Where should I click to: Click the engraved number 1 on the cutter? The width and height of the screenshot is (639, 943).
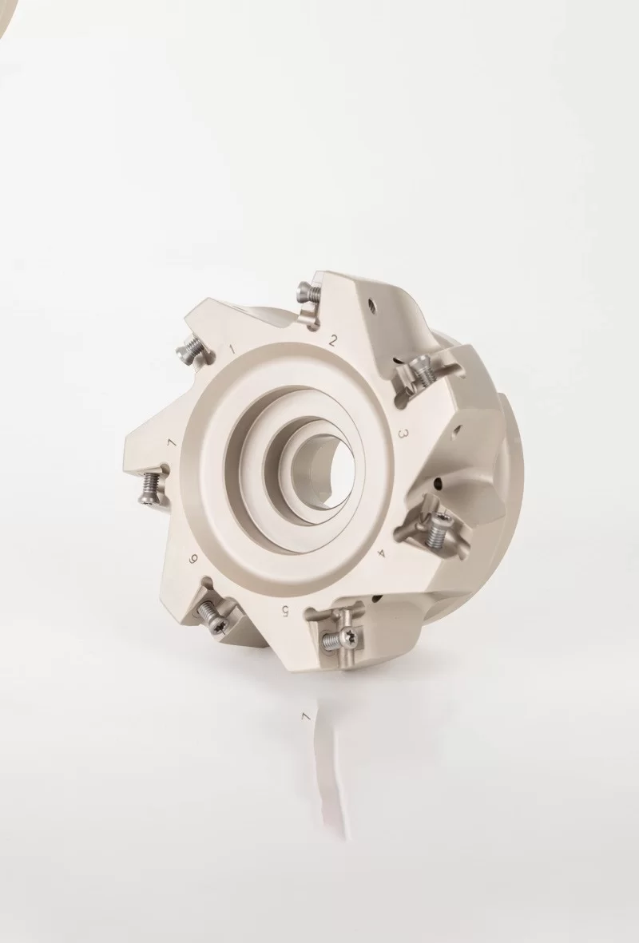232,350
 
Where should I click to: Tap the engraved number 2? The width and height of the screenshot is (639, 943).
333,341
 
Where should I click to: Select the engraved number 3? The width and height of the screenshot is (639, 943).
404,434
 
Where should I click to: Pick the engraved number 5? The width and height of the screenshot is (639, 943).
285,611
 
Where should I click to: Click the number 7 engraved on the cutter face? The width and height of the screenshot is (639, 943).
171,443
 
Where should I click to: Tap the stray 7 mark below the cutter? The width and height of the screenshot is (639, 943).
304,716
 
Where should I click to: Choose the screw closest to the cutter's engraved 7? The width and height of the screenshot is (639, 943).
149,489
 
